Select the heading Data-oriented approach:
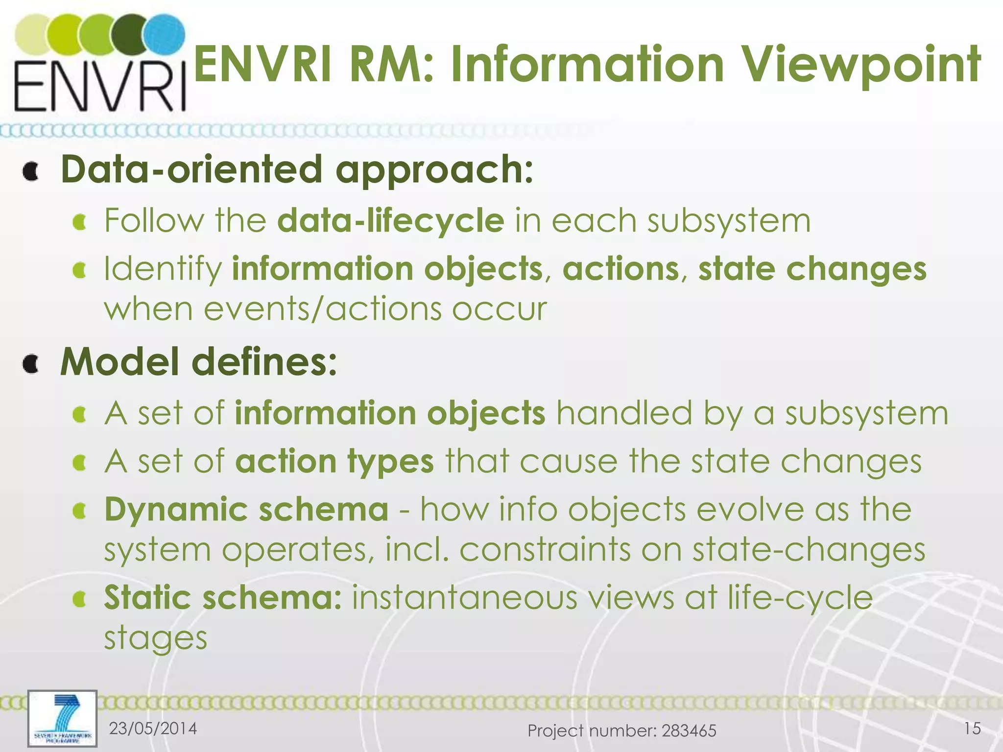tap(297, 169)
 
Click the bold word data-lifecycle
tap(390, 221)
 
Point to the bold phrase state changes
tap(812, 270)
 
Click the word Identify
tap(163, 270)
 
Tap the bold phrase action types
tap(334, 462)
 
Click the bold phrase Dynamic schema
tap(246, 510)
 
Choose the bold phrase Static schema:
tap(223, 598)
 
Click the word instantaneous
tap(465, 598)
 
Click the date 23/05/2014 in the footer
tap(153, 728)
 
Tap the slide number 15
tap(972, 728)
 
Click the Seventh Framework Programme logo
tap(62, 718)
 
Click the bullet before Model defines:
tap(31, 364)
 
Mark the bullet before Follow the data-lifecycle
tap(79, 223)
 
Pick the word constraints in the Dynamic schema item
tap(545, 550)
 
